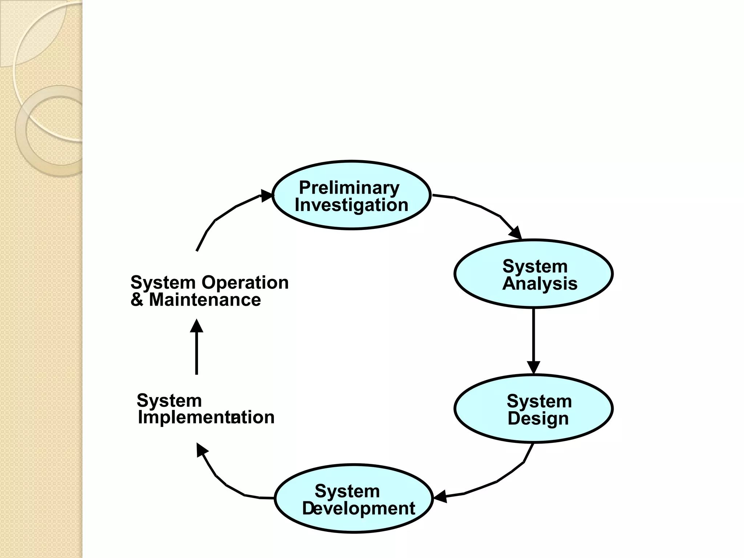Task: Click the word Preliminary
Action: [349, 188]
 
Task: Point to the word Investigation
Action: [351, 205]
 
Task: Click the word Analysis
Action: [539, 284]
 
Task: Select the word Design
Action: [538, 418]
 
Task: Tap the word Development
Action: [358, 508]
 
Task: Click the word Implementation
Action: [206, 417]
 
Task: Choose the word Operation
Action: [245, 283]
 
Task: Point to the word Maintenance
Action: [205, 300]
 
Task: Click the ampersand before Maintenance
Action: [137, 300]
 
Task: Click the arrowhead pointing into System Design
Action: [533, 368]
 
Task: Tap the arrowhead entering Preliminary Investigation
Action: [267, 196]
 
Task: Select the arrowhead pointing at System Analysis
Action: [516, 233]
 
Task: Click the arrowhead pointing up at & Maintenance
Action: [197, 326]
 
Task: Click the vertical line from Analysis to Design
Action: [533, 334]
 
